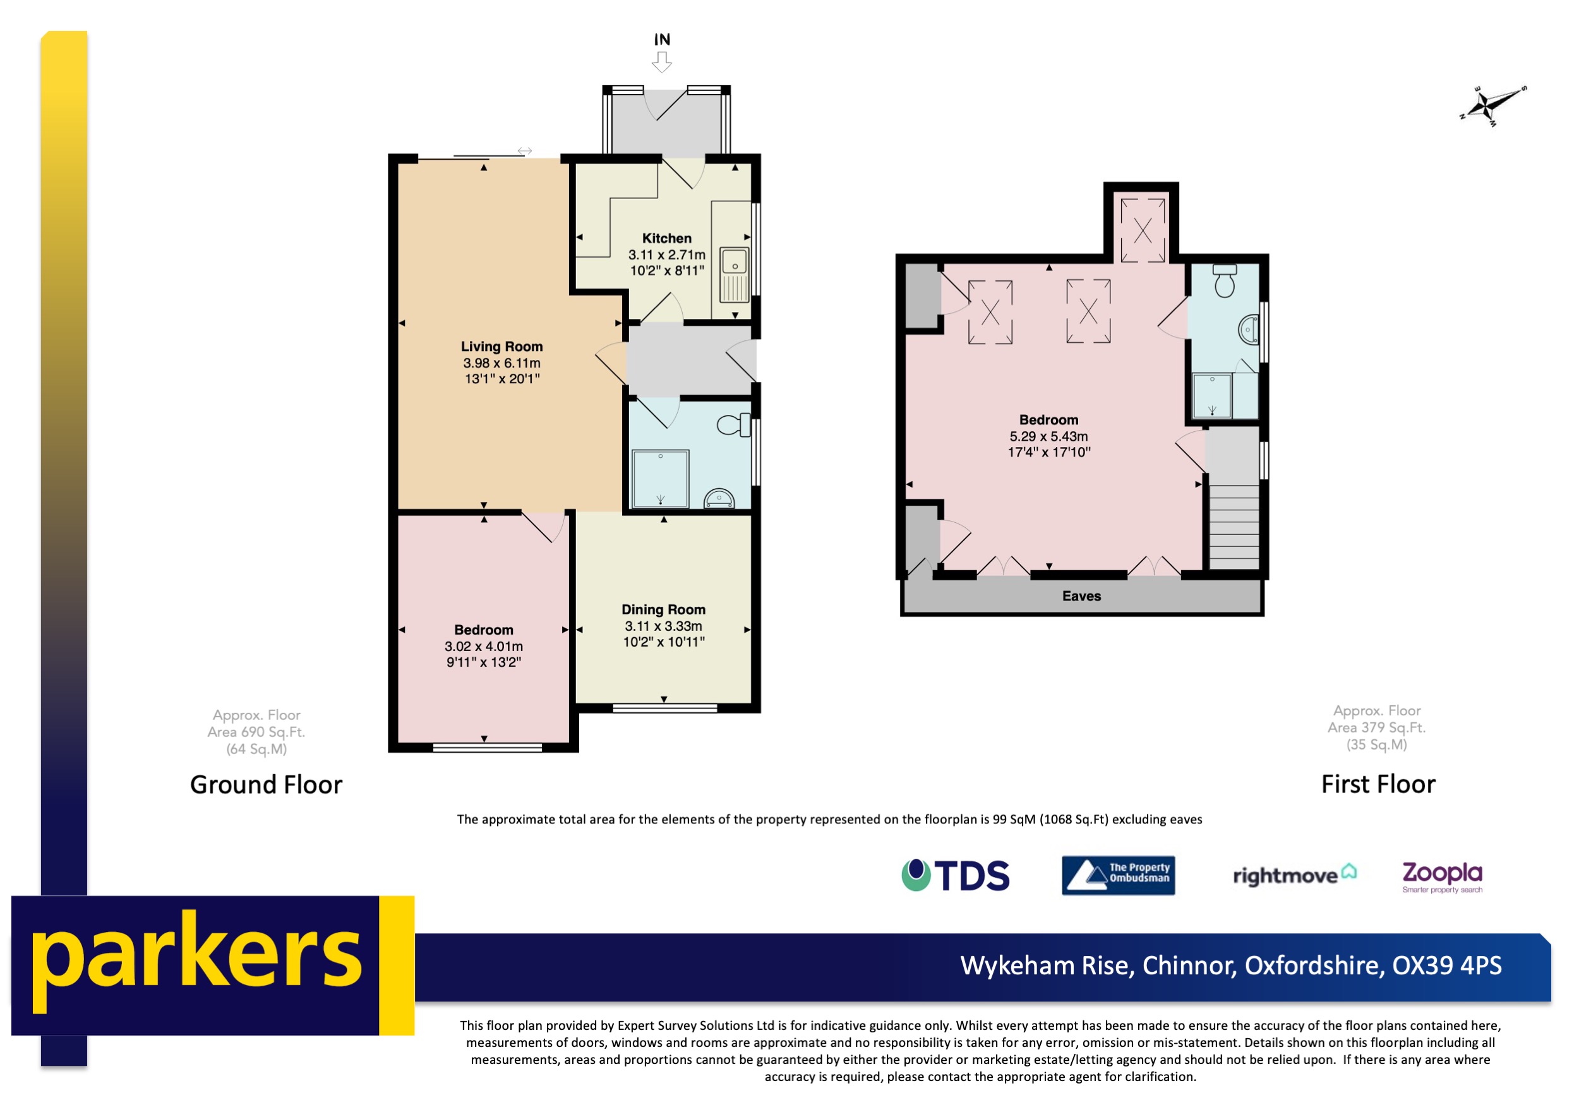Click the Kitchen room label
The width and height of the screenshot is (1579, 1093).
coord(666,238)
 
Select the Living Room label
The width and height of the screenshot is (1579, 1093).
coord(501,347)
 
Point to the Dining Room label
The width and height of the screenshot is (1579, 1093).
coord(663,609)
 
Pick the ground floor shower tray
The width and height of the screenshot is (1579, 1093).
coord(659,478)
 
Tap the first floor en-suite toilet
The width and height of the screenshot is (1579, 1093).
coord(1223,281)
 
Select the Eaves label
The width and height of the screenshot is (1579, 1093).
coord(1081,596)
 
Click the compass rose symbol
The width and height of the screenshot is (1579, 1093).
coord(1491,106)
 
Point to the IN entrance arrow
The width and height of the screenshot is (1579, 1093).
coord(661,63)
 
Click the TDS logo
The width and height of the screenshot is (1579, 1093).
coord(955,875)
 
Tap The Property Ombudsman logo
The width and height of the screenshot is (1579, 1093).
coord(1117,875)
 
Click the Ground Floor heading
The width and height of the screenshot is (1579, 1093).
coord(266,785)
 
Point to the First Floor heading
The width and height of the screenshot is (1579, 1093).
coord(1378,784)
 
